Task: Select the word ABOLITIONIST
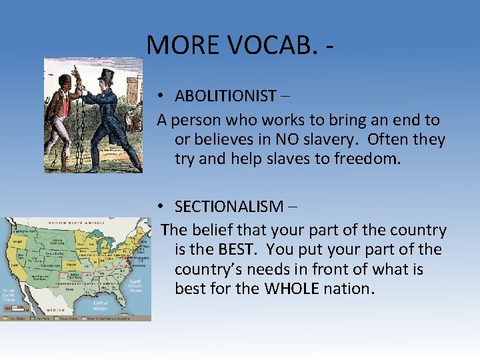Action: point(225,96)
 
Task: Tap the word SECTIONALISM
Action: point(225,206)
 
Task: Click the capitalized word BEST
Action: point(233,250)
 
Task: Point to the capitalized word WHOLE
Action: point(291,289)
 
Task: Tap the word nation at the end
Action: point(347,289)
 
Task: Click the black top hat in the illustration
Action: point(105,75)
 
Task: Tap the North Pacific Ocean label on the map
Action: point(12,294)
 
